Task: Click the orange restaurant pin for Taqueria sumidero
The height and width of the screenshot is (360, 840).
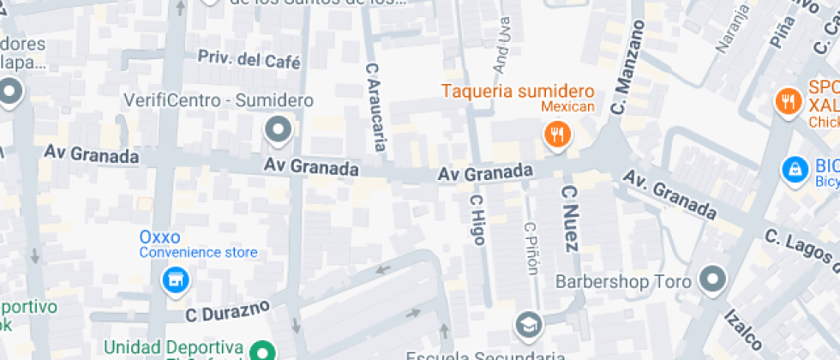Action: coord(558,134)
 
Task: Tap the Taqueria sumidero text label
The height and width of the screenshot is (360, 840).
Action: coord(518,91)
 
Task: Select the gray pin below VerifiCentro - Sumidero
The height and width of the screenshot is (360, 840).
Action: coord(278,131)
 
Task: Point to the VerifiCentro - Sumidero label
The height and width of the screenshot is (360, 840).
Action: coord(219,100)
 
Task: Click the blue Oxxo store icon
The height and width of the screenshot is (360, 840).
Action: coord(174,279)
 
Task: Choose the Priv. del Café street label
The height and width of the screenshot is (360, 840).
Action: coord(249,59)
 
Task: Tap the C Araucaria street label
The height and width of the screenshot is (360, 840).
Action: coord(375,106)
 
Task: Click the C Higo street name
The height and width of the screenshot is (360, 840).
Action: coord(477,219)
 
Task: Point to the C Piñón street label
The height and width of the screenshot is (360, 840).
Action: coord(531,249)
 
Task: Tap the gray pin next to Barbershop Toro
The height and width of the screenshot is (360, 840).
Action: coord(711,279)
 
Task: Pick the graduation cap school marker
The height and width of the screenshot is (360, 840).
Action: coord(529,324)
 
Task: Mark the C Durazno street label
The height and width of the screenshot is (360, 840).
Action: coord(227,309)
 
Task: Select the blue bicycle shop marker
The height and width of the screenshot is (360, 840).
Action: coord(795,169)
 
